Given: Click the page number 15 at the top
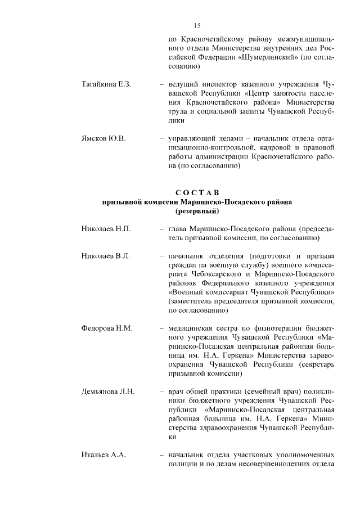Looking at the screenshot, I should click(x=197, y=25).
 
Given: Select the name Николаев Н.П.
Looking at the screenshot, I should click(x=106, y=229).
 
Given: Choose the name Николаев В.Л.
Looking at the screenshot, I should click(x=106, y=256).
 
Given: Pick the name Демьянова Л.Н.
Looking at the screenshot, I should click(x=109, y=391).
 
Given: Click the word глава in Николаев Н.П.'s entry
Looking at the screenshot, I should click(x=178, y=229).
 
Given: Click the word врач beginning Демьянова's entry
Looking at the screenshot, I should click(x=177, y=391).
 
